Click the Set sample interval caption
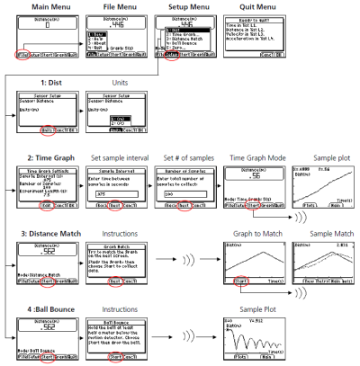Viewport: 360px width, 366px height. pyautogui.click(x=113, y=158)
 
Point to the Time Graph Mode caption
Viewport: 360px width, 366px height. pyautogui.click(x=254, y=158)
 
